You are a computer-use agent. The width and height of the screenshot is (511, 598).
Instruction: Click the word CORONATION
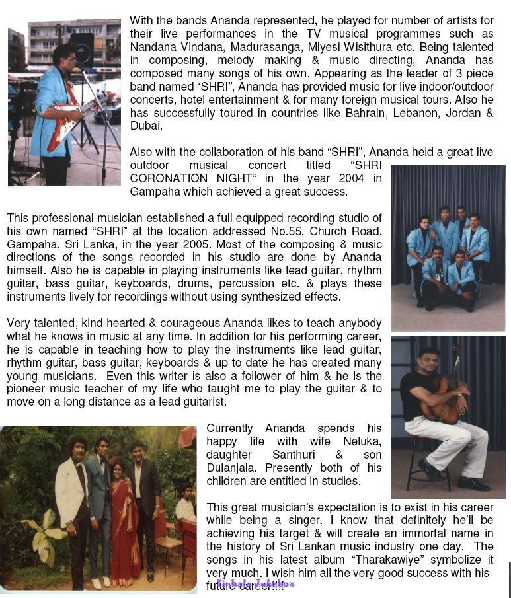point(171,178)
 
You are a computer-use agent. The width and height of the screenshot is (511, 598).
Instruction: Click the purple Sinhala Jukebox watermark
point(255,585)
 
